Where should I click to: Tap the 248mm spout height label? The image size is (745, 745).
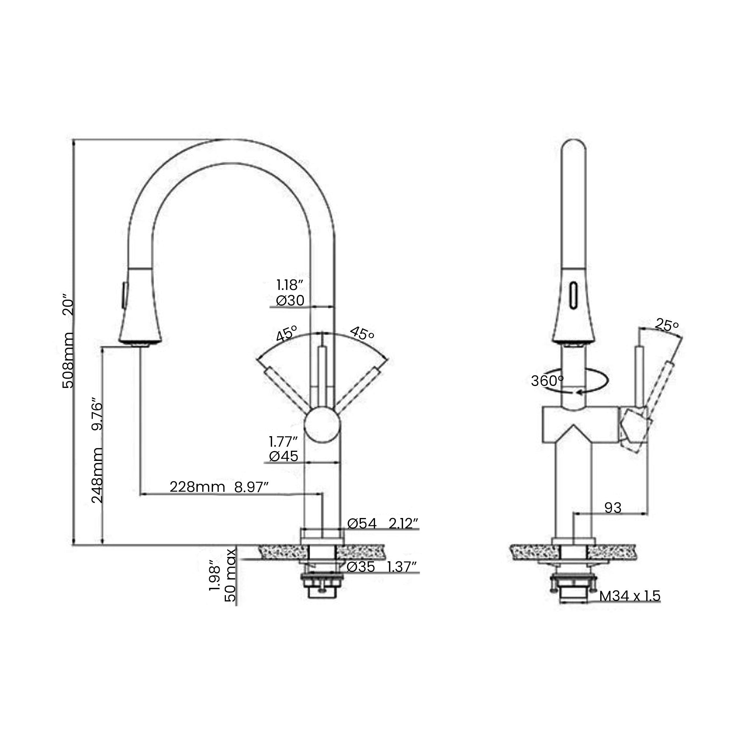tap(97, 475)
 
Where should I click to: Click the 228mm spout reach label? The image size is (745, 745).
tap(197, 487)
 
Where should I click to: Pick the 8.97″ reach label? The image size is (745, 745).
tap(251, 487)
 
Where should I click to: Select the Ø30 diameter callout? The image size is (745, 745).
tap(290, 300)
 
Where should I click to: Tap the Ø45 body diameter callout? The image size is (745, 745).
tap(283, 457)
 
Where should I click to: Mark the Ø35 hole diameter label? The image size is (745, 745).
tap(360, 567)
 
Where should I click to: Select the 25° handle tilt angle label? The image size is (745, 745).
tap(666, 325)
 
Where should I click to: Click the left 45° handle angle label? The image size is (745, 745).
tap(287, 334)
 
